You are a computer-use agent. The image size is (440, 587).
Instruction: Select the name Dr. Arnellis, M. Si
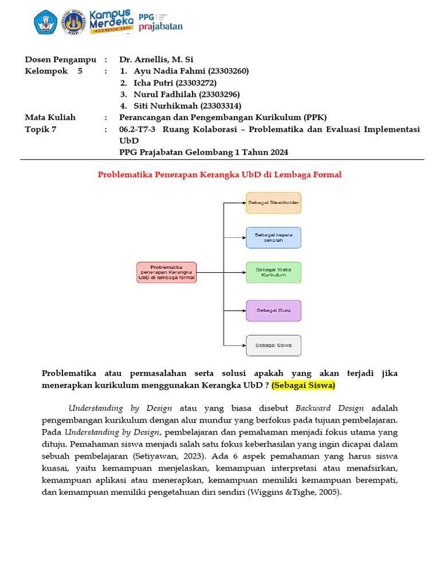(156, 59)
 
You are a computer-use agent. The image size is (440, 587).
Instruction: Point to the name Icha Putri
(153, 83)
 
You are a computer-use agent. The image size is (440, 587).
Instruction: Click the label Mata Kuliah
(50, 118)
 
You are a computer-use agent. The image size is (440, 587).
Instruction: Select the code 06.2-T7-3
(138, 129)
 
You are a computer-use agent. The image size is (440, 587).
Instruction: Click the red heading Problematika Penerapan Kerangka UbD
(219, 174)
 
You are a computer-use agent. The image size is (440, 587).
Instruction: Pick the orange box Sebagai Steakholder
(273, 203)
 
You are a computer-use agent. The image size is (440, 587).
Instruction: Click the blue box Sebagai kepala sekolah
(273, 238)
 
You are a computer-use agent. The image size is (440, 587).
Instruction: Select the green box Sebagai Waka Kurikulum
(273, 272)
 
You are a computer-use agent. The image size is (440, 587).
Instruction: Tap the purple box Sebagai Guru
(273, 310)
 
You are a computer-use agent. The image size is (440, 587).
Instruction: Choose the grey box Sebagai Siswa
(273, 346)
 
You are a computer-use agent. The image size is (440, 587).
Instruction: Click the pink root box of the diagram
(166, 272)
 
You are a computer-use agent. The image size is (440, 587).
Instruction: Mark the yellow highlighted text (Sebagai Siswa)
(303, 385)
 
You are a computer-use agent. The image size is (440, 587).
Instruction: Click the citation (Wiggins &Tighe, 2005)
(294, 491)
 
